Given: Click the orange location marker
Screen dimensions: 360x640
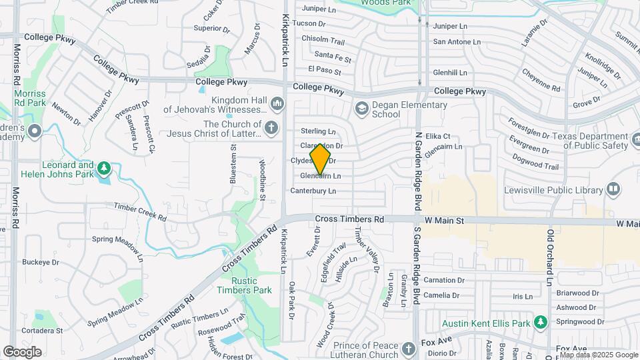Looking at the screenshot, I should (x=320, y=159).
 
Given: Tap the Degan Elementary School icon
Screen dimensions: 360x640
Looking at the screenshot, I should (x=361, y=107).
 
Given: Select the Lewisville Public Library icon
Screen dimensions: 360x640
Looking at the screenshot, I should (x=613, y=190).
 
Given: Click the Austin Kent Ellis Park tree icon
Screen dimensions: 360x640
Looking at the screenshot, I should (x=539, y=323).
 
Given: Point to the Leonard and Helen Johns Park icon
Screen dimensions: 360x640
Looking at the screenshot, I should (x=103, y=166).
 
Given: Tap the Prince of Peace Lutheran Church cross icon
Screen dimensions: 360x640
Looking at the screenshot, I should (x=409, y=348).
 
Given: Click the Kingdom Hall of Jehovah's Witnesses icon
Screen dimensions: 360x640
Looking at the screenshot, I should (x=277, y=104).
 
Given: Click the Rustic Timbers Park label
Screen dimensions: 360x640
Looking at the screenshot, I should (x=244, y=285).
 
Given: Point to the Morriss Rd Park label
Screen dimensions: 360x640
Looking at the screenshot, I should (x=31, y=99).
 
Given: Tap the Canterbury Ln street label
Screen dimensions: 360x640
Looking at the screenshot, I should (x=313, y=191).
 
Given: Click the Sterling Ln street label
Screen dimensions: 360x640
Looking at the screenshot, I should (x=318, y=131).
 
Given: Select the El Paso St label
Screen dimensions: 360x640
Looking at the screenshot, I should (x=325, y=69).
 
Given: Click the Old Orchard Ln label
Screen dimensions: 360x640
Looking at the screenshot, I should (x=551, y=258).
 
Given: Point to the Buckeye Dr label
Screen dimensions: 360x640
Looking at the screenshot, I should (x=41, y=262).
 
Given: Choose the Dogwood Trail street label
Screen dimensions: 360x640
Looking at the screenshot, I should (x=537, y=161).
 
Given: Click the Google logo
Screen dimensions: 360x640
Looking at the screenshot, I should (x=22, y=351).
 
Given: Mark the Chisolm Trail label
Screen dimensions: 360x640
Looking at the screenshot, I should (x=323, y=39).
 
